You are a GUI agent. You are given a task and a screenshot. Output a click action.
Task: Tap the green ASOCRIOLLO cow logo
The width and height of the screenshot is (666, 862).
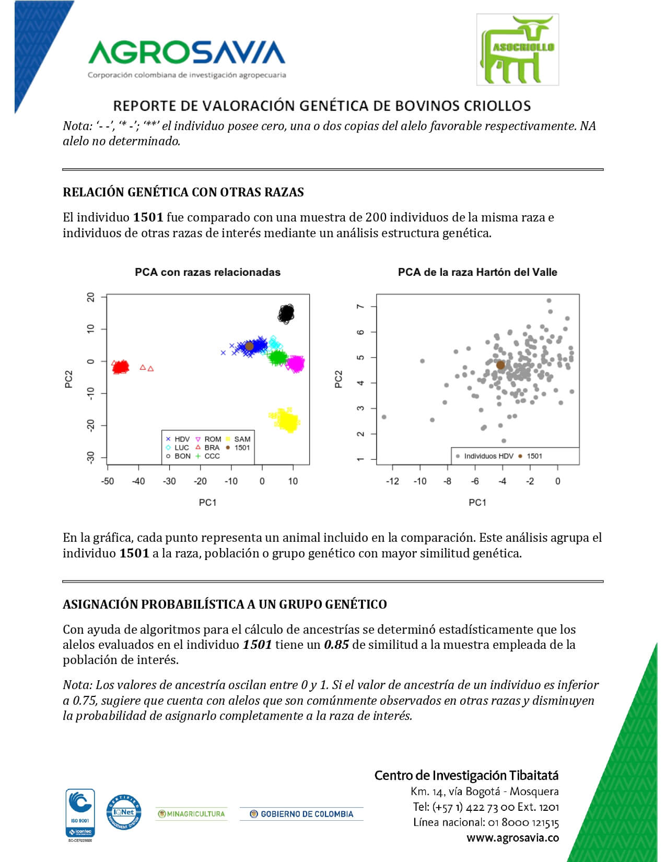click(517, 50)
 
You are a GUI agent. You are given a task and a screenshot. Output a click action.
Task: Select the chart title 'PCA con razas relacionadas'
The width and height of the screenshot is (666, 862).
click(207, 272)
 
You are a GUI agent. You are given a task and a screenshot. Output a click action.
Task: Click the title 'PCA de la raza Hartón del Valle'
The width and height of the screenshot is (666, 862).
click(477, 272)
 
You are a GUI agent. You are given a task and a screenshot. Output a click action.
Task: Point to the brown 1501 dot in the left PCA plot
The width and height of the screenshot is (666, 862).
click(249, 346)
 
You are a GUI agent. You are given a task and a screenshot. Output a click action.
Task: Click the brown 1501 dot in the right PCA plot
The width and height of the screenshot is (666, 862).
click(500, 365)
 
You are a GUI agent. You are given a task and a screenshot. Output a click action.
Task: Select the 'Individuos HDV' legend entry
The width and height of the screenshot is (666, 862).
click(484, 456)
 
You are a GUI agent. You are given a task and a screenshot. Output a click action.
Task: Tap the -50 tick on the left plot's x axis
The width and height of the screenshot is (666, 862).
click(107, 481)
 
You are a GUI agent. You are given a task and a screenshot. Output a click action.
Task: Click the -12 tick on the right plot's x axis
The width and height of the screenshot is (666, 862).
click(392, 481)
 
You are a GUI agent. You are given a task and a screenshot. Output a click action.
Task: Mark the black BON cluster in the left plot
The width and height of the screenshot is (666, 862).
click(286, 313)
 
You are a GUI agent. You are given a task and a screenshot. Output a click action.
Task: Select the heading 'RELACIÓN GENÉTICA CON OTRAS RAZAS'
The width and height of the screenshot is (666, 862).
click(183, 192)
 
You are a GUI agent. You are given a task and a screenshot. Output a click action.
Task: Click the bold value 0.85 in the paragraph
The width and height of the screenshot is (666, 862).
click(336, 645)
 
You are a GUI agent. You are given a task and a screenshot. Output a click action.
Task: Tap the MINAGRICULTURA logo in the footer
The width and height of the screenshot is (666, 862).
click(191, 814)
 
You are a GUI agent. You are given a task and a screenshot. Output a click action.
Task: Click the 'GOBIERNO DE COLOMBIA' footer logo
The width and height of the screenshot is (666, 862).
click(301, 814)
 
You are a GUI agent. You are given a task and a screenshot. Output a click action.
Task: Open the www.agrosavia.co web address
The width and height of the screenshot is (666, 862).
click(512, 838)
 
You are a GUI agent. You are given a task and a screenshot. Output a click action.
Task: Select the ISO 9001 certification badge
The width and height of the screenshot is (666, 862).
click(80, 812)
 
